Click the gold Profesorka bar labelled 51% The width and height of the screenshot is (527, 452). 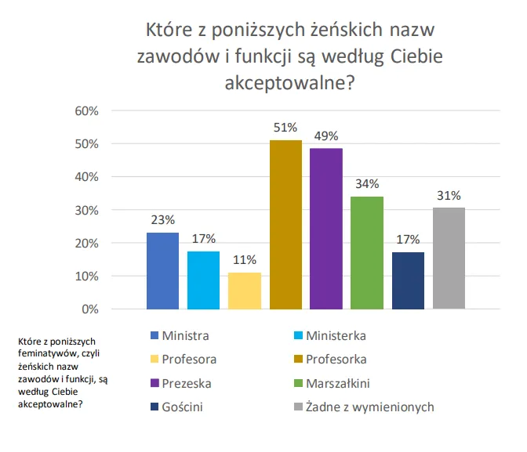(x=285, y=225)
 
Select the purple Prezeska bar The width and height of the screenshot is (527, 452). (x=326, y=228)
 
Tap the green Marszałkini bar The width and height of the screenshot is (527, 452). (x=367, y=253)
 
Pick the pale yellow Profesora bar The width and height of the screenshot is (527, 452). (x=245, y=291)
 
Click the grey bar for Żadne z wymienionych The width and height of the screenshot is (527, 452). (x=449, y=258)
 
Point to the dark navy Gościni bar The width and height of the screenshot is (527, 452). (x=408, y=280)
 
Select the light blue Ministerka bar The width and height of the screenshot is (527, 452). (x=204, y=280)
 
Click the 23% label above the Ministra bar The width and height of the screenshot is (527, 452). (x=162, y=220)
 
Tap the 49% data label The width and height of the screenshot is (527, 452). (x=326, y=136)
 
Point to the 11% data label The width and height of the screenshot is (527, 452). (x=245, y=260)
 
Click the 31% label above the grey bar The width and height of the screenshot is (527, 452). (x=449, y=195)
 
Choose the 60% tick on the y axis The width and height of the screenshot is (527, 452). (x=85, y=110)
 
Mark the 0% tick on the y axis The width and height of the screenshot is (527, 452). (x=89, y=309)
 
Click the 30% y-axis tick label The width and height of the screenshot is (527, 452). (x=85, y=210)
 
